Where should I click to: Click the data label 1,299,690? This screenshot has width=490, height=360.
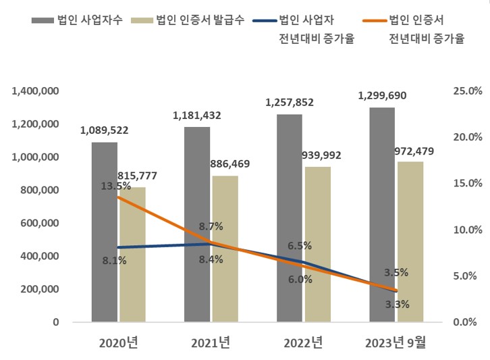[383, 96]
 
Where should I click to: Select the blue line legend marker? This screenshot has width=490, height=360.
[266, 21]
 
